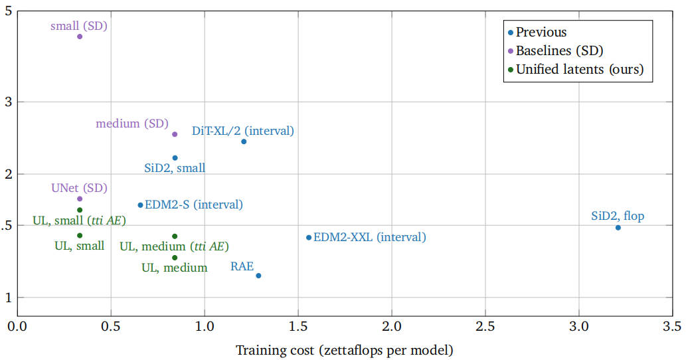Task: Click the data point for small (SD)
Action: pos(80,37)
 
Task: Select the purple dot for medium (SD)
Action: pos(175,134)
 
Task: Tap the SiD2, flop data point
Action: pos(618,228)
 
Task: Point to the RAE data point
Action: pos(258,276)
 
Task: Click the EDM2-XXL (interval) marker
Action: pos(309,238)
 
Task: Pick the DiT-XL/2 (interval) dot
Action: pos(244,141)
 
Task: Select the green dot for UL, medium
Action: pos(175,258)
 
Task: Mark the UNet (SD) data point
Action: pos(80,199)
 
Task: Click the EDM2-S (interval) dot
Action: pos(140,205)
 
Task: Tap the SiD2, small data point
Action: pos(175,158)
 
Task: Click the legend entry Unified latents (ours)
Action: pos(580,69)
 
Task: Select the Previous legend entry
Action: pos(541,32)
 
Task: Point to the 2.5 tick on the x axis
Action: pos(485,327)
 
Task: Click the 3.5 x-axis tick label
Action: pos(672,327)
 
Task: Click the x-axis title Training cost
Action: pos(344,349)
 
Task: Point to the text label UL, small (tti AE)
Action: pos(79,221)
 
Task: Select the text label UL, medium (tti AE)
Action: pos(174,246)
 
